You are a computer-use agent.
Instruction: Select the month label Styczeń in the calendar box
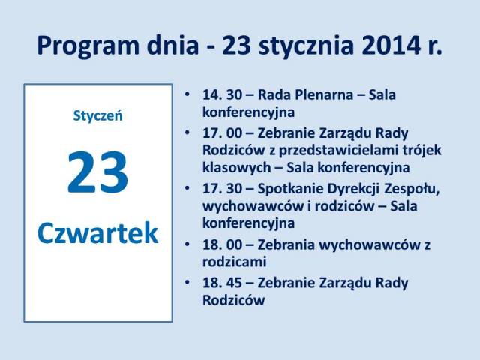pyautogui.click(x=97, y=116)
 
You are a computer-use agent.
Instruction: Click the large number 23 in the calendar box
pyautogui.click(x=97, y=172)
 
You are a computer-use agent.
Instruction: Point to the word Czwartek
pyautogui.click(x=97, y=233)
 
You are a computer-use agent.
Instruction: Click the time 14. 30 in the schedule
pyautogui.click(x=222, y=94)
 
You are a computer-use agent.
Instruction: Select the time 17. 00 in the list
pyautogui.click(x=222, y=133)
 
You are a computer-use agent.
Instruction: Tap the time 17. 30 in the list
pyautogui.click(x=222, y=188)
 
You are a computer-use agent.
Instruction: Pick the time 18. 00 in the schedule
pyautogui.click(x=222, y=244)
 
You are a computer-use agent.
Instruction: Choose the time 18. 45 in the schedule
pyautogui.click(x=222, y=283)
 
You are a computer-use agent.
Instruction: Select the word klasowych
pyautogui.click(x=237, y=168)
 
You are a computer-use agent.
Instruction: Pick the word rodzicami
pyautogui.click(x=235, y=262)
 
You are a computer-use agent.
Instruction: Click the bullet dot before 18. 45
pyautogui.click(x=187, y=282)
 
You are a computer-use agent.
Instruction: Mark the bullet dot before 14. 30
pyautogui.click(x=187, y=94)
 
